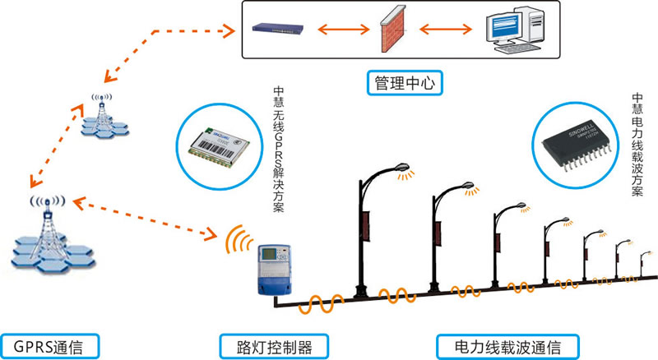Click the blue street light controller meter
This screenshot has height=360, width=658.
271,269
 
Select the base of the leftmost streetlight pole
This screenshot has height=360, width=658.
360,292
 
